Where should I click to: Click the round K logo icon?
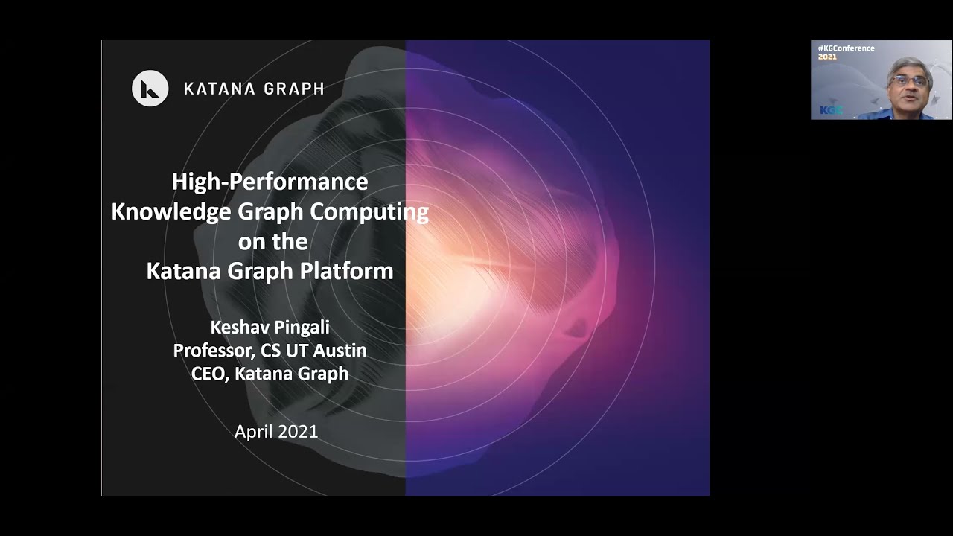coord(150,89)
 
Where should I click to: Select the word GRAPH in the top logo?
coord(293,89)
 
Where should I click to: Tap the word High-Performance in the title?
coord(270,182)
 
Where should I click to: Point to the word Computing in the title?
coord(369,211)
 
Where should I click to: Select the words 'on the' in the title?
coord(272,241)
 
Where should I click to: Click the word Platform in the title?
coord(348,271)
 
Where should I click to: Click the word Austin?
coord(341,350)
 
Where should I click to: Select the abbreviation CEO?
coord(208,373)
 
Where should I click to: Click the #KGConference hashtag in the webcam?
coord(846,48)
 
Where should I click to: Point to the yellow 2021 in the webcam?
coord(827,57)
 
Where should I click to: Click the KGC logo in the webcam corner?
coord(830,110)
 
